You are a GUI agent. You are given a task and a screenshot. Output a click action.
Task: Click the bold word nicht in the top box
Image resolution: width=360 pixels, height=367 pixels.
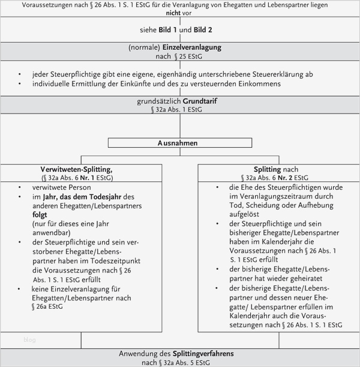tap(180, 13)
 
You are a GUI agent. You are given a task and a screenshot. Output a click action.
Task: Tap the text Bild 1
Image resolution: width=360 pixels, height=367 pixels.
tap(168, 30)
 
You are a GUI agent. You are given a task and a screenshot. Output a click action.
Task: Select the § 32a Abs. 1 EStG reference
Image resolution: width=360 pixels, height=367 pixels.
tap(180, 110)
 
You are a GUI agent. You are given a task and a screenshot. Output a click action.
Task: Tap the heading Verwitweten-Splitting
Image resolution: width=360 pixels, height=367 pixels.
tap(76, 169)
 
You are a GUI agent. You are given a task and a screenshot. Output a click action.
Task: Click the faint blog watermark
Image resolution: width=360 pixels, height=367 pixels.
tap(29, 340)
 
